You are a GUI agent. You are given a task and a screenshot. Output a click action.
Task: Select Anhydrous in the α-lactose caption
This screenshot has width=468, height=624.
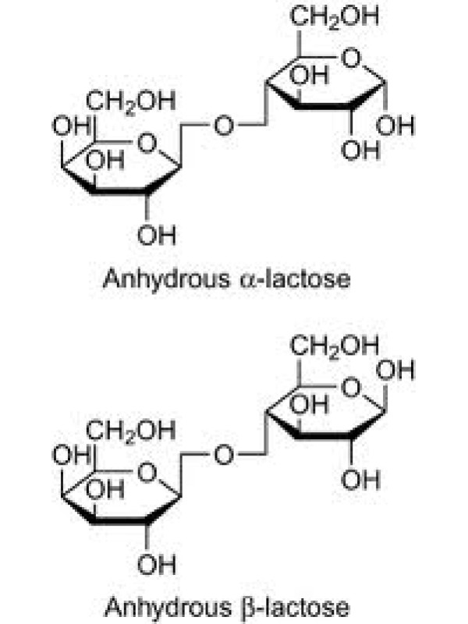166,278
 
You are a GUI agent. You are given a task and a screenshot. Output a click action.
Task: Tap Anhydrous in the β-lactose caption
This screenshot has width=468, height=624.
167,608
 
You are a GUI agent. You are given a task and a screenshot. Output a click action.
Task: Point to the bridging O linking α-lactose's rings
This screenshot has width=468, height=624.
224,126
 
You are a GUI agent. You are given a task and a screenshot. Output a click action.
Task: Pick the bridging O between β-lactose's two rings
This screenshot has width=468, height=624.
224,455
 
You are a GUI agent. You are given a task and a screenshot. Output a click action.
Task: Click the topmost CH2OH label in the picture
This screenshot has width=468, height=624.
335,16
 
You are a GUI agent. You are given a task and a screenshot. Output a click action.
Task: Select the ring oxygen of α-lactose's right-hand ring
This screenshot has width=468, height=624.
351,58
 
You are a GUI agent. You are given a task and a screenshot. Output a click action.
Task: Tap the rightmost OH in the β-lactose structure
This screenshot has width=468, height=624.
395,370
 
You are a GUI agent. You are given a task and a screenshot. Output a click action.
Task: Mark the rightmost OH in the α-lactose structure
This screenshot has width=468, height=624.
395,126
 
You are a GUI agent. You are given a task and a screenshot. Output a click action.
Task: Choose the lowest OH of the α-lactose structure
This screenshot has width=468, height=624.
156,235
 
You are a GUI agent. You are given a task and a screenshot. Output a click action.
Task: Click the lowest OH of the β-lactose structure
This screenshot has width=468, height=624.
156,564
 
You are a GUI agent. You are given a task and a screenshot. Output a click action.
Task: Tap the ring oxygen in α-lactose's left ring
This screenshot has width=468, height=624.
147,143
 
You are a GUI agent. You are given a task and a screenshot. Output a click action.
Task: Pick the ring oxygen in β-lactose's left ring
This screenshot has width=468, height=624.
147,473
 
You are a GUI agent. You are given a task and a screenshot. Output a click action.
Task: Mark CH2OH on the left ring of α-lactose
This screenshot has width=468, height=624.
130,102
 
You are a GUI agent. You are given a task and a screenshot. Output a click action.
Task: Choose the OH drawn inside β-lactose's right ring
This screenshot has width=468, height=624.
310,405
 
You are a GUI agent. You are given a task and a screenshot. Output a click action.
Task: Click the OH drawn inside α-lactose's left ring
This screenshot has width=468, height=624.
105,161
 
